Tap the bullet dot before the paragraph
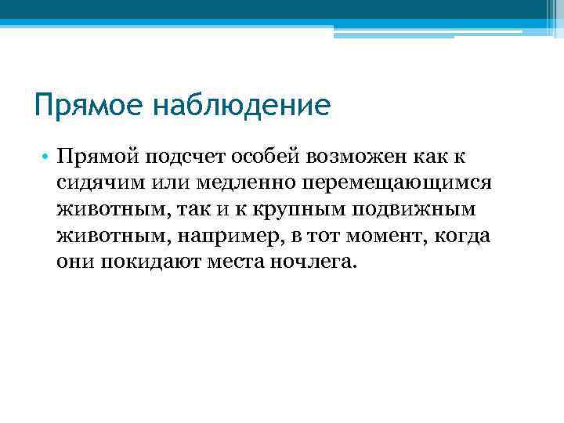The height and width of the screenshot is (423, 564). coord(48,158)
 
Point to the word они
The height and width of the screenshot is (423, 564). coord(75,261)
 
